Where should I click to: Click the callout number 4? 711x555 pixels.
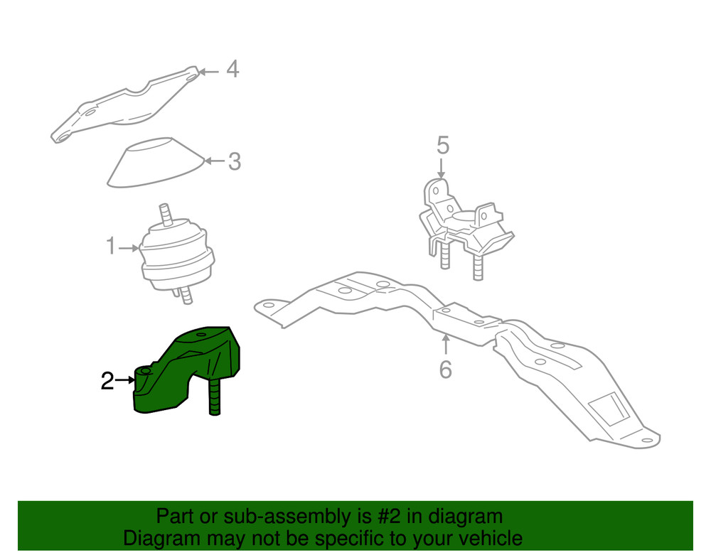(232, 70)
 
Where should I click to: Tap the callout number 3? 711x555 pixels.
(234, 162)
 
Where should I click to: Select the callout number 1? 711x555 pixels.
(110, 247)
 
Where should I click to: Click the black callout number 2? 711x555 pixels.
(107, 381)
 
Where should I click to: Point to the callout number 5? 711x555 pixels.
(442, 146)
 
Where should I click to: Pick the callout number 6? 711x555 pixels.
(445, 370)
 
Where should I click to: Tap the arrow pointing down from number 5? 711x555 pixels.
(441, 169)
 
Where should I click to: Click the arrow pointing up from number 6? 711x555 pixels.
(445, 345)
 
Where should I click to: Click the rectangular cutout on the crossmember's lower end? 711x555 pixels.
(608, 410)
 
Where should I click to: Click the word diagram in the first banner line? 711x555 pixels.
(464, 517)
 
